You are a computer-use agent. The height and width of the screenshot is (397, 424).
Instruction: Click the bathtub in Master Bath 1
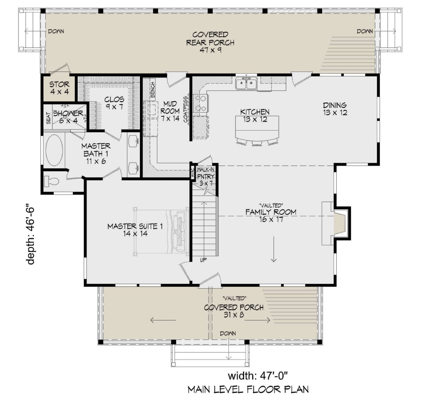(54, 150)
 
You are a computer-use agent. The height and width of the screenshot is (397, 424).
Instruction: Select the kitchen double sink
(246, 83)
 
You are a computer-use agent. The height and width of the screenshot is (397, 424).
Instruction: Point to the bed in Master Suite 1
(161, 231)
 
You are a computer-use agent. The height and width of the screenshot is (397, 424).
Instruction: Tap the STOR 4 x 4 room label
(60, 88)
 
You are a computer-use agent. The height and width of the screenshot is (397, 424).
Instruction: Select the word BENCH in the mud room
(153, 90)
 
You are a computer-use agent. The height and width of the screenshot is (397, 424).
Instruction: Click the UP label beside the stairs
(204, 260)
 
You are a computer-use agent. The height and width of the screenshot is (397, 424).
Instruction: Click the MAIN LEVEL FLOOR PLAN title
(248, 389)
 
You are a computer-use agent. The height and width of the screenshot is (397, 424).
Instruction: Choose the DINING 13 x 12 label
(335, 109)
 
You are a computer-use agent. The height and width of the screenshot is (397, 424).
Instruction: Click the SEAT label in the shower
(48, 118)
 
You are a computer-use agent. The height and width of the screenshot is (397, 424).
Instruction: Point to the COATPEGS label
(186, 109)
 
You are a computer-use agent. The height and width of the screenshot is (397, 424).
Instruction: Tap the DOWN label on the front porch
(228, 333)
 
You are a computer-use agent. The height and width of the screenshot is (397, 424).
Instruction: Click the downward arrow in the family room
(274, 249)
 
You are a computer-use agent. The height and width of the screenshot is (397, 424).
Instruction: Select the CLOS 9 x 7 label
(114, 103)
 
